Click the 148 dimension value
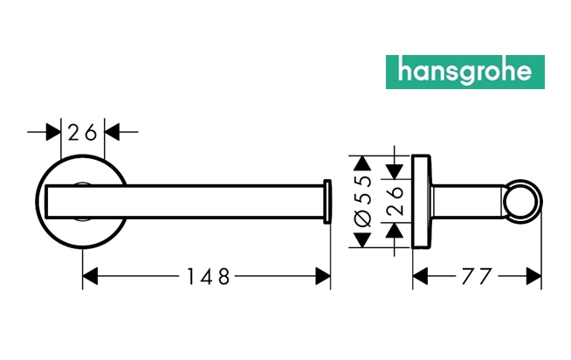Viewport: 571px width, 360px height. (208, 277)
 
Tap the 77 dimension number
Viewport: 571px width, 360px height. (477, 277)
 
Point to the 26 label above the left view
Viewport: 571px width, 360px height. (82, 133)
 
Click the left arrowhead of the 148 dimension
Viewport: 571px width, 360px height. (88, 277)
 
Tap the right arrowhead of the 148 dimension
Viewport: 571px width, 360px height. (324, 277)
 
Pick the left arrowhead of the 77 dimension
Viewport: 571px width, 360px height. (419, 277)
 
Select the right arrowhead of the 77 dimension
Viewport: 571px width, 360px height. (535, 277)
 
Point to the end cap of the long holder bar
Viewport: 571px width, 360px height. (327, 201)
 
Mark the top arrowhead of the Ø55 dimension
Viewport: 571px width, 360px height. (359, 163)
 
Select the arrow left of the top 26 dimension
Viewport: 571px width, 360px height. (54, 133)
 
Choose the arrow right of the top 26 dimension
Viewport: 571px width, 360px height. (111, 133)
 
